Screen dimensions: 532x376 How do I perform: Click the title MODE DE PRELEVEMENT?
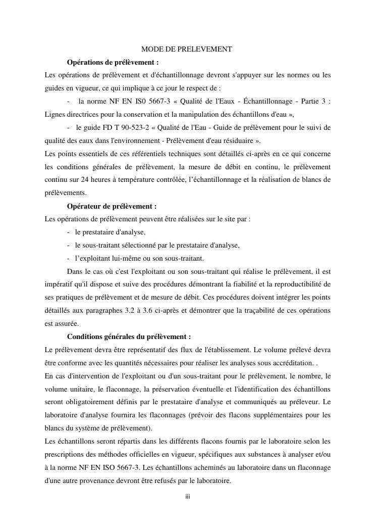pos(186,49)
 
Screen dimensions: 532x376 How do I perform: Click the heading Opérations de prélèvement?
pos(113,62)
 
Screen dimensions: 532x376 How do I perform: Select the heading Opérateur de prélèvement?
pos(112,206)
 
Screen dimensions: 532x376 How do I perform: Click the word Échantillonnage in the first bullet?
pos(265,101)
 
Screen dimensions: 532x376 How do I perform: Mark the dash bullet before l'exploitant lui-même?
pos(68,259)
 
